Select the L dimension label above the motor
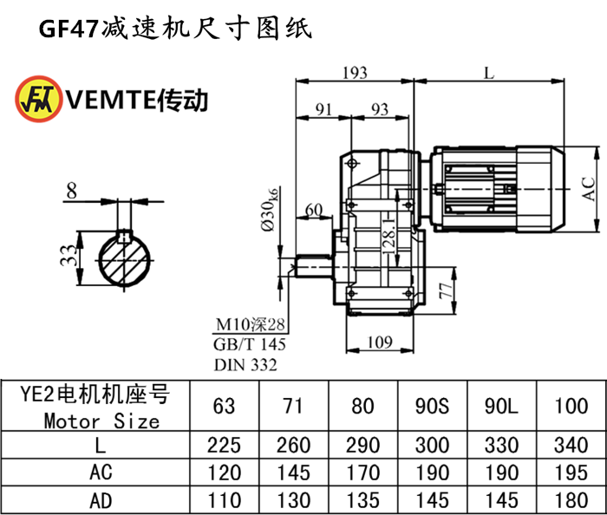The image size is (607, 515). point(489,74)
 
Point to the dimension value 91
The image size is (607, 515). point(323,109)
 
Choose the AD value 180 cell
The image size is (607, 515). point(571,500)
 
